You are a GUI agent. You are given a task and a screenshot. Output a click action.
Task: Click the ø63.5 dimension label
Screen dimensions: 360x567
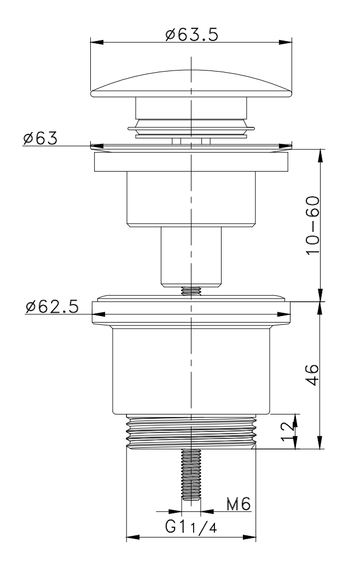click(191, 34)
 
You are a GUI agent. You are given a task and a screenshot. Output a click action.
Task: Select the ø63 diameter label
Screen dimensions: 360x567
click(40, 138)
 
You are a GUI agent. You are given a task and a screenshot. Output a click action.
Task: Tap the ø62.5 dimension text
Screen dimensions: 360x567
click(52, 307)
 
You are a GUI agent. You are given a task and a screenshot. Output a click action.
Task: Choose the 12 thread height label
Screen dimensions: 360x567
click(288, 431)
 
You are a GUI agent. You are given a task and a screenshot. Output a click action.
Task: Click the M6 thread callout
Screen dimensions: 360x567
click(239, 504)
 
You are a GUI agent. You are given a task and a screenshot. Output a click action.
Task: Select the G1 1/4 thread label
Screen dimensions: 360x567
click(191, 527)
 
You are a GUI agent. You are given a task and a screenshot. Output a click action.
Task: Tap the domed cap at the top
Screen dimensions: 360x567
click(191, 84)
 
